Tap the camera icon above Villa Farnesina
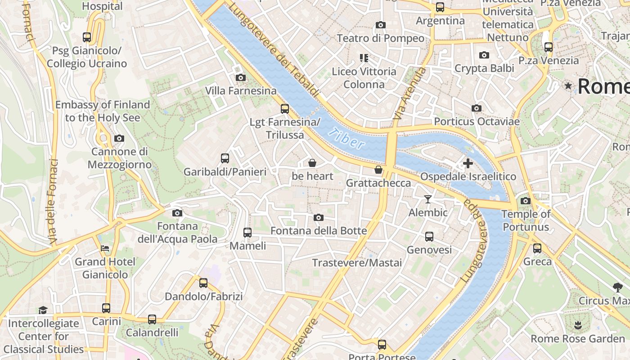tap(241, 77)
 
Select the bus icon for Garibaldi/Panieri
tap(225, 158)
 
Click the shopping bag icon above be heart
tap(312, 163)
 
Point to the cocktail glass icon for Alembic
tap(428, 199)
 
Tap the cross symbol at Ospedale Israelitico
tap(468, 163)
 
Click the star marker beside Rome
tap(569, 85)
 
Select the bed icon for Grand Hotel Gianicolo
tap(105, 248)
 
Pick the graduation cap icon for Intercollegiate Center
tap(43, 310)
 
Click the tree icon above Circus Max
tap(618, 287)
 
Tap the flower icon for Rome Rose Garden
tap(578, 325)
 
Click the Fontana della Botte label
tap(319, 231)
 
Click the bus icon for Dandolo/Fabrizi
tap(203, 283)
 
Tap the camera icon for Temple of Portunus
tap(525, 201)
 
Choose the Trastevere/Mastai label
tap(357, 263)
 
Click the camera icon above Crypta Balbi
tap(484, 55)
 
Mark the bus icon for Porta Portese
tap(382, 345)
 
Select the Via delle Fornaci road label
tap(53, 202)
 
